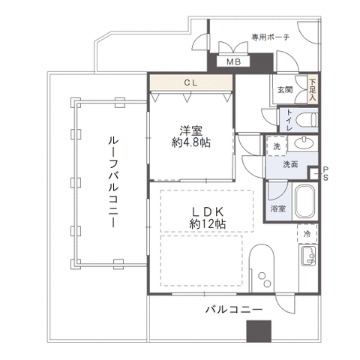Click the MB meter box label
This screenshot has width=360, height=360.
[x=233, y=61]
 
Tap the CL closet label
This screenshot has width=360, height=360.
[x=191, y=82]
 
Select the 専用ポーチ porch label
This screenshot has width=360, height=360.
[x=271, y=37]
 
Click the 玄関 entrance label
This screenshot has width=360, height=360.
[x=285, y=90]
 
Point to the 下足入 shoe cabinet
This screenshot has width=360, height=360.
[x=313, y=89]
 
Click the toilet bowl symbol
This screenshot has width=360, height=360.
[x=307, y=120]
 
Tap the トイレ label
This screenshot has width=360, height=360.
[x=289, y=121]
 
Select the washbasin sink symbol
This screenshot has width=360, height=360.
[x=304, y=143]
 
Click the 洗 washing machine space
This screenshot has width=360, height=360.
[x=277, y=146]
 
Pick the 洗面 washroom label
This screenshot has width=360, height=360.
[x=290, y=164]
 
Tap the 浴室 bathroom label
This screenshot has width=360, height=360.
[x=278, y=208]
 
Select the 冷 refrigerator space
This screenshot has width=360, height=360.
[x=307, y=234]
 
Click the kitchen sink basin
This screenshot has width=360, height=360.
[x=309, y=256]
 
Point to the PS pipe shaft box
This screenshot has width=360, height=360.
[x=313, y=173]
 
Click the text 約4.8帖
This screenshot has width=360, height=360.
[x=191, y=142]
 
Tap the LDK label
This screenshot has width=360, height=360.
[x=208, y=212]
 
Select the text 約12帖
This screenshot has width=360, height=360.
[x=208, y=224]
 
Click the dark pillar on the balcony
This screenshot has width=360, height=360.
[x=259, y=331]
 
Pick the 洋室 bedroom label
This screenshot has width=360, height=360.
[x=191, y=130]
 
